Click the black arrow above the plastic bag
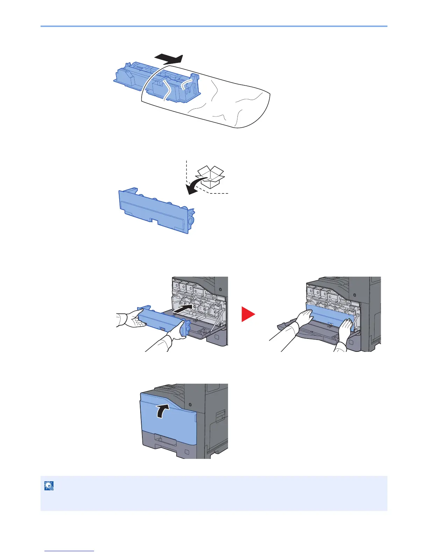[x=169, y=58]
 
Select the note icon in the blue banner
[x=49, y=485]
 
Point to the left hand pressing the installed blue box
[x=304, y=319]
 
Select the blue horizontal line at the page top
[x=214, y=26]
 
